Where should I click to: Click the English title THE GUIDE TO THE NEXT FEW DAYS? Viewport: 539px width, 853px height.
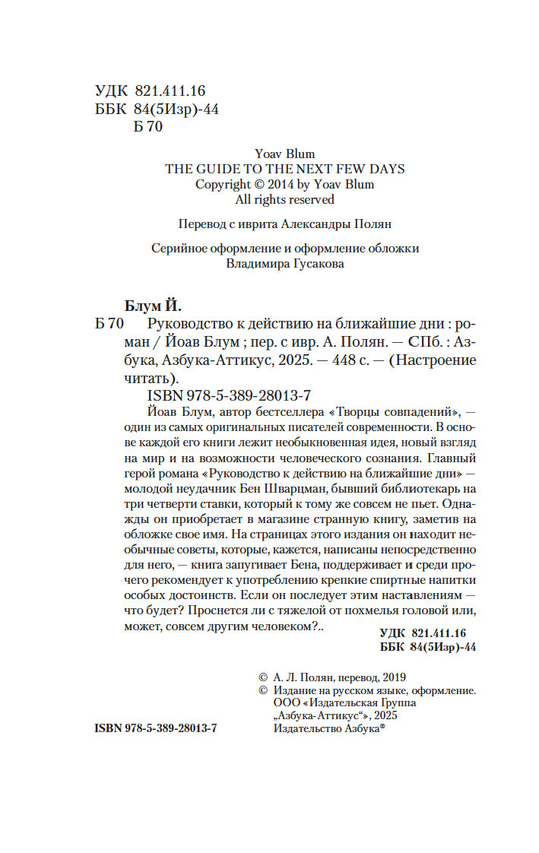point(285,169)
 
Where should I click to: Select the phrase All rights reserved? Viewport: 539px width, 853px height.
point(284,199)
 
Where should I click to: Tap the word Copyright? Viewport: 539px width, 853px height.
point(223,184)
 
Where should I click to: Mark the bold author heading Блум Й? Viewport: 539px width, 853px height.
point(152,305)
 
